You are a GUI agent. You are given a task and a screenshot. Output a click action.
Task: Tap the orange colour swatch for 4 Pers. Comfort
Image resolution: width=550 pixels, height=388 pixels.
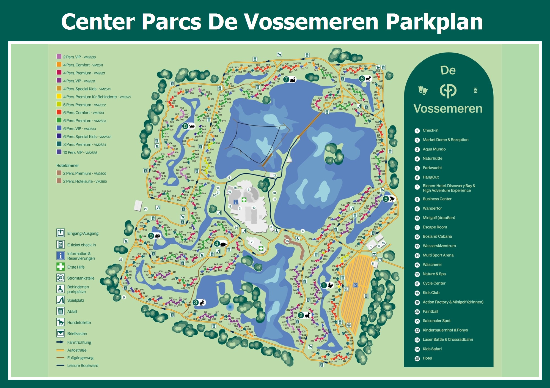tap(59, 64)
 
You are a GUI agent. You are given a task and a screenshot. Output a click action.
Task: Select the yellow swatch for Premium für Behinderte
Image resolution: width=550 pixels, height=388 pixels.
tap(59, 96)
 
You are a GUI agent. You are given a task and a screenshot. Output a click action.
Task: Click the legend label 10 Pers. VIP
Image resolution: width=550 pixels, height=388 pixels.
tap(80, 152)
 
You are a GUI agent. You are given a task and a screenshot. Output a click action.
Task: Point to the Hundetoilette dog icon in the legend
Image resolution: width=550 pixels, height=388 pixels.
tap(61, 322)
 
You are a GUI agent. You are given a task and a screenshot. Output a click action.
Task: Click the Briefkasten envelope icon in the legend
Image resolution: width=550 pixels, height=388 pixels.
tap(61, 333)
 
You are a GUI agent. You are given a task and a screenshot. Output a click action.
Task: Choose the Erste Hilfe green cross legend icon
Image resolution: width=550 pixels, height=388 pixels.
tap(61, 267)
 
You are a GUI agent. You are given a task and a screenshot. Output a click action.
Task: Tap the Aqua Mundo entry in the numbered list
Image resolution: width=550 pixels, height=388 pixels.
tap(434, 149)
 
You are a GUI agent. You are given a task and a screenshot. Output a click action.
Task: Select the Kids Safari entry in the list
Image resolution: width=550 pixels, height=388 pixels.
tap(432, 349)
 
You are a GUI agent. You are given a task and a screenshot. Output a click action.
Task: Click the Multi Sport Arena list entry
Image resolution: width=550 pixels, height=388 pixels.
tap(438, 255)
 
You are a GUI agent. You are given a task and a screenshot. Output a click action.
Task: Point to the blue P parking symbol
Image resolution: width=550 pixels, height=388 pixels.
tap(355, 285)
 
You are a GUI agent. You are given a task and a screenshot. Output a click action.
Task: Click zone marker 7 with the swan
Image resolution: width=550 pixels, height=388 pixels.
tap(286, 80)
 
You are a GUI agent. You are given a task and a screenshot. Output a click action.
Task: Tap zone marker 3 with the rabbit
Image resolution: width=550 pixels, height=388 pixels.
tap(196, 302)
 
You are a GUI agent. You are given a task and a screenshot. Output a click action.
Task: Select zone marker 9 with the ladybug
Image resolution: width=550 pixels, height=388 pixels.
tap(151, 236)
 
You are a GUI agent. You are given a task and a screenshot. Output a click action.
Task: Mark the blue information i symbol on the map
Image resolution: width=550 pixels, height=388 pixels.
tap(236, 202)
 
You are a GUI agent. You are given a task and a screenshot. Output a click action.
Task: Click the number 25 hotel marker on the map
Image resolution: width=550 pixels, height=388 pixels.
tap(287, 241)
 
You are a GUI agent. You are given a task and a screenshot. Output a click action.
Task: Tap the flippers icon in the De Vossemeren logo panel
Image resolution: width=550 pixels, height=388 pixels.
tap(423, 90)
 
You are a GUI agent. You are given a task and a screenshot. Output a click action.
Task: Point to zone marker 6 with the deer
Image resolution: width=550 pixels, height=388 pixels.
tap(362, 79)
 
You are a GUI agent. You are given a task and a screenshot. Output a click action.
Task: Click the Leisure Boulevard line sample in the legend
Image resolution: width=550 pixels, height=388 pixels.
tap(60, 365)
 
